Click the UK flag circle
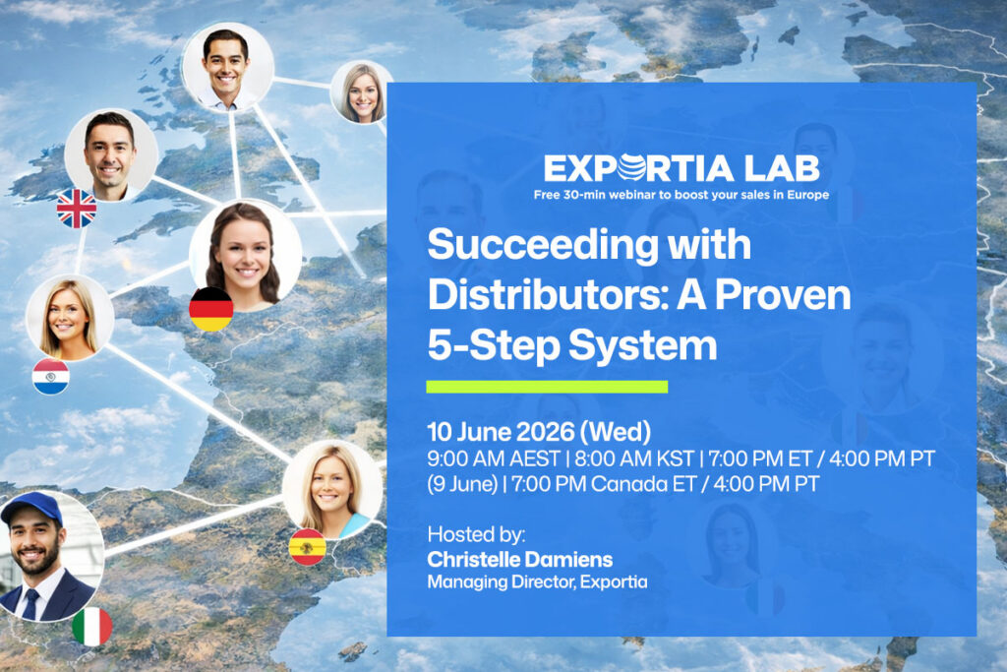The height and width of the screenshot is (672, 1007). coord(77,209)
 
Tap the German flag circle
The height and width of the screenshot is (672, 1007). coord(210,309)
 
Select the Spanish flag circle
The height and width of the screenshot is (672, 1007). coord(307,546)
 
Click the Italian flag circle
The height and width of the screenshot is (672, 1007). coord(91,627)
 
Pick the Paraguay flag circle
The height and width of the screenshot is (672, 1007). coord(50,376)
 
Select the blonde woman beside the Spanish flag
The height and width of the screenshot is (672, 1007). coord(330,488)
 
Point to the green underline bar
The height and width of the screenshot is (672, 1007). coord(547,387)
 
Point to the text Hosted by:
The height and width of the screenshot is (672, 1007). coord(476,536)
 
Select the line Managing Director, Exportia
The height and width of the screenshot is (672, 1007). coord(537,582)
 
